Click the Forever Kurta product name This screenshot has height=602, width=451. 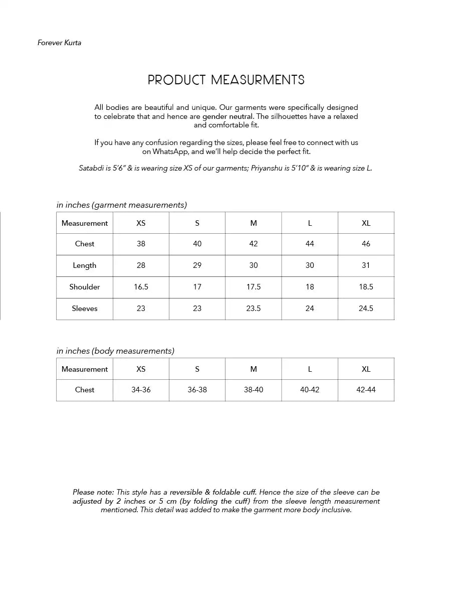[59, 43]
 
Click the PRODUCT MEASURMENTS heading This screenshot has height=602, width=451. [226, 80]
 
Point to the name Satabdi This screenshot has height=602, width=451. [91, 168]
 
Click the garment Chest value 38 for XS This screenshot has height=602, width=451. [141, 244]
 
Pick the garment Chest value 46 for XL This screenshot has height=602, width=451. [366, 244]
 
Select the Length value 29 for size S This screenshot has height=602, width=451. [197, 265]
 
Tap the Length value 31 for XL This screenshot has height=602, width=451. [366, 265]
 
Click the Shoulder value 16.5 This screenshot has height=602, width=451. [141, 287]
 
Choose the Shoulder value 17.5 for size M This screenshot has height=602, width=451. [254, 287]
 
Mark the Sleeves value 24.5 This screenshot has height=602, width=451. [366, 309]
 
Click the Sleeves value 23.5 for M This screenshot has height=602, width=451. [254, 309]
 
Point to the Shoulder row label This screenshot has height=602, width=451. [85, 287]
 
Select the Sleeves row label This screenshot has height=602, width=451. [85, 309]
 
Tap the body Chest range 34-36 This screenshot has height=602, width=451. [141, 390]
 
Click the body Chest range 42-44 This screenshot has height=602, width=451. [366, 390]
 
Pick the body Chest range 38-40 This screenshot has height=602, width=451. [254, 390]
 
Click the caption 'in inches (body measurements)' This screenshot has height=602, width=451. [115, 351]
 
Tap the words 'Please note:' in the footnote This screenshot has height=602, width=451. [93, 492]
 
